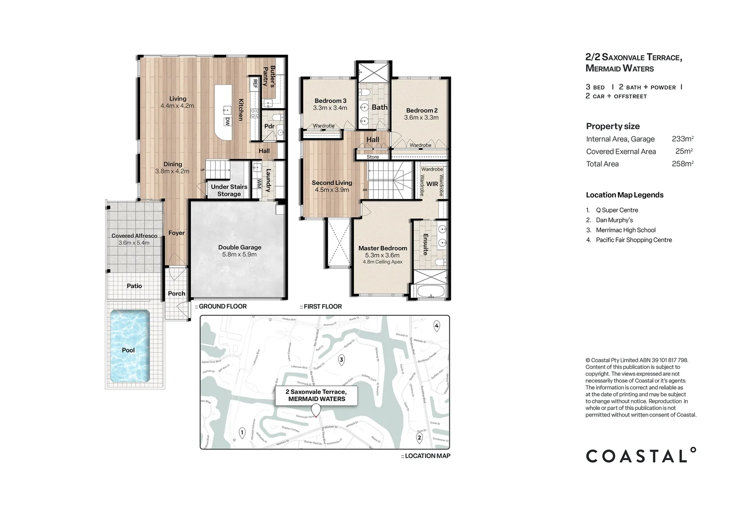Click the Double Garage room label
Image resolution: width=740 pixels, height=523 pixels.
pyautogui.click(x=239, y=247)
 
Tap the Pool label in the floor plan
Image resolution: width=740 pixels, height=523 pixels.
pyautogui.click(x=128, y=350)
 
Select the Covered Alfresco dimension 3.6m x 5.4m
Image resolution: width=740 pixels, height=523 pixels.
pyautogui.click(x=134, y=243)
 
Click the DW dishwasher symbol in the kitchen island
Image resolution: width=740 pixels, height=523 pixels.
pyautogui.click(x=227, y=121)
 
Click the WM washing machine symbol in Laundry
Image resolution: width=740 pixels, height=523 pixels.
pyautogui.click(x=259, y=184)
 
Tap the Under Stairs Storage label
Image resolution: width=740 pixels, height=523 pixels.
pyautogui.click(x=229, y=190)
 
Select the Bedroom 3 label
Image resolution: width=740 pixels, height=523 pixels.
pyautogui.click(x=330, y=101)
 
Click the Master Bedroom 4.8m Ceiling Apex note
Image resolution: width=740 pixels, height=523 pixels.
pyautogui.click(x=383, y=262)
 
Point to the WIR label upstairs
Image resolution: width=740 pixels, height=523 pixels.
pyautogui.click(x=432, y=184)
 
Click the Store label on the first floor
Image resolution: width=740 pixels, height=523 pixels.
pyautogui.click(x=372, y=157)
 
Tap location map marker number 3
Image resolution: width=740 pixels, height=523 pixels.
pyautogui.click(x=341, y=360)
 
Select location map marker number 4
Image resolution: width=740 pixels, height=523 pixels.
pyautogui.click(x=437, y=326)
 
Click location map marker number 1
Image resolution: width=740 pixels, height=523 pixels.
pyautogui.click(x=242, y=432)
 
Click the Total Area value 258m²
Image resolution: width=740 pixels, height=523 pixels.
pyautogui.click(x=682, y=164)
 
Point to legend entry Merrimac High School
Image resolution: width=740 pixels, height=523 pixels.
pyautogui.click(x=625, y=230)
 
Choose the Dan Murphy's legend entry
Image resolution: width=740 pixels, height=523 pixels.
pyautogui.click(x=614, y=220)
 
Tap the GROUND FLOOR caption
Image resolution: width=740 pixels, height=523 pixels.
pyautogui.click(x=222, y=307)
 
